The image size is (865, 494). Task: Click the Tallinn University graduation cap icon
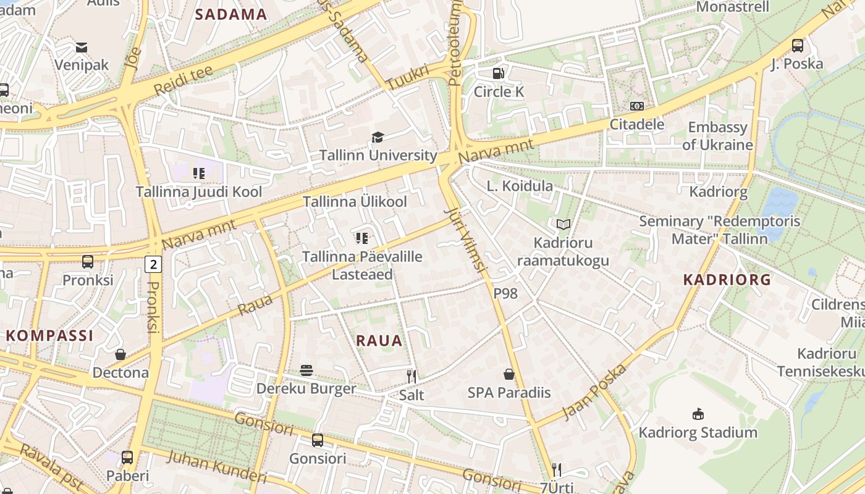(378, 137)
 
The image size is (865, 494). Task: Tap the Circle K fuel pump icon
(499, 73)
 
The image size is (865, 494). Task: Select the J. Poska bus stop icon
(798, 45)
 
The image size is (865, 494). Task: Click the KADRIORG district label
(727, 280)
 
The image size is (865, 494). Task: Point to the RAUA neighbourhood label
(379, 340)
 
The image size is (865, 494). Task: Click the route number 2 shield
(153, 265)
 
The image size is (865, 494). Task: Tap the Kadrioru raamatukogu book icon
(563, 225)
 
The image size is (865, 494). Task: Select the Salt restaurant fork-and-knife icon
(411, 376)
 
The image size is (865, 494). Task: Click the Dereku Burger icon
(306, 371)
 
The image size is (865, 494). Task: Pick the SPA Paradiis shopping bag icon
(509, 374)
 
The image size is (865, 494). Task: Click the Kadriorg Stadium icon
(698, 414)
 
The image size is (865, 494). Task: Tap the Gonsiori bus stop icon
(318, 440)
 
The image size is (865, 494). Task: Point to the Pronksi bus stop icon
(88, 262)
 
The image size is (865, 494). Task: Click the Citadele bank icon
(637, 106)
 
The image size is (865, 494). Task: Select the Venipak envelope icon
(82, 47)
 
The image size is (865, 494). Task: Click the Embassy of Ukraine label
(717, 136)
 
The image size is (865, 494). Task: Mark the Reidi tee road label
(183, 81)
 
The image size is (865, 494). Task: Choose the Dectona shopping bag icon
(120, 354)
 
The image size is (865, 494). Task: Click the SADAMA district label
(231, 15)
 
